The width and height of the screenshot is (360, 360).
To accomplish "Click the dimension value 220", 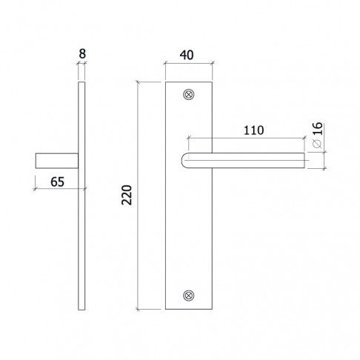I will (127, 196).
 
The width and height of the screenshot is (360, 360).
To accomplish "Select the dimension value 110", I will (253, 130).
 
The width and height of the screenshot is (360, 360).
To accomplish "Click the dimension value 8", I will (82, 54).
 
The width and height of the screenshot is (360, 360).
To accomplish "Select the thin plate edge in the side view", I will (82, 222).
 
